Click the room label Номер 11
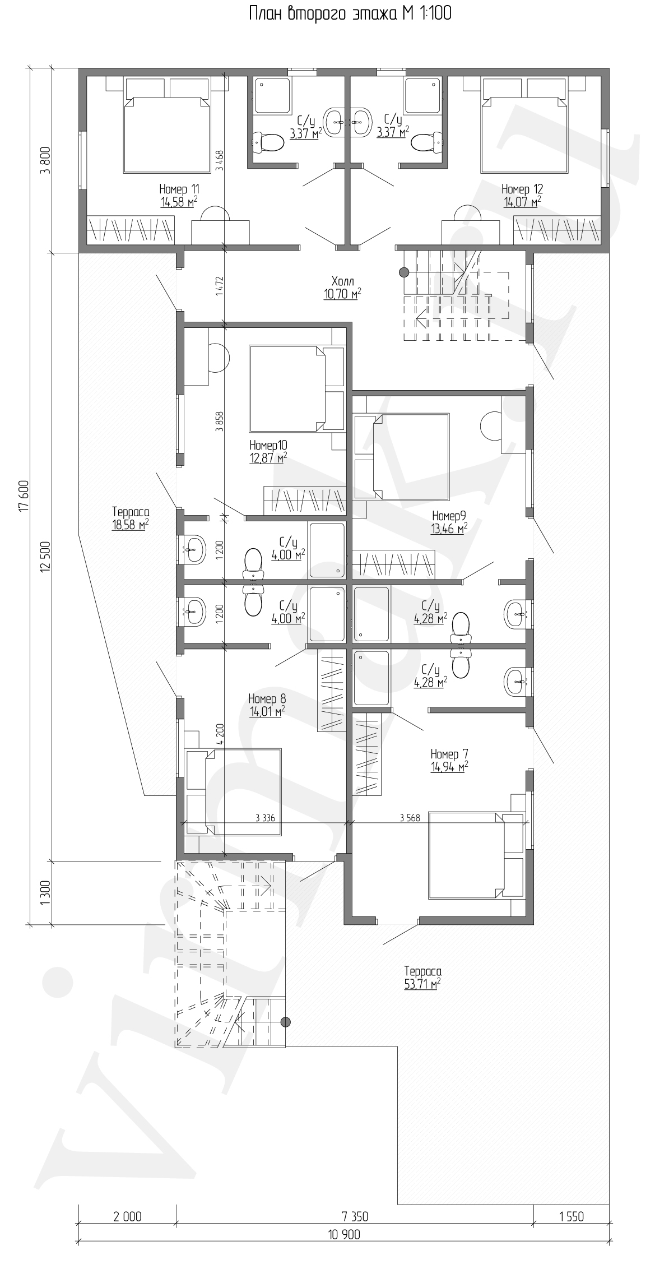tap(179, 189)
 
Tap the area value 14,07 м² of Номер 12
tap(521, 202)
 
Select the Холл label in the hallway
tap(342, 281)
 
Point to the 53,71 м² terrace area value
tap(422, 984)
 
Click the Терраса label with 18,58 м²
tap(131, 512)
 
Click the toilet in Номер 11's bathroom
tap(268, 142)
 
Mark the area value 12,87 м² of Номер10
tap(268, 458)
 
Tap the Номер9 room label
tap(449, 516)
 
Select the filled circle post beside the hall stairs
tap(403, 272)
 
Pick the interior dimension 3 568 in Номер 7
tap(410, 817)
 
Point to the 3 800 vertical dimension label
tap(46, 160)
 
